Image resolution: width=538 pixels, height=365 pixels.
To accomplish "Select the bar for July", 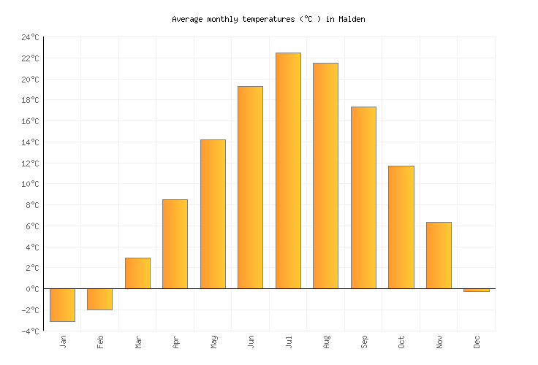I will point(288,171).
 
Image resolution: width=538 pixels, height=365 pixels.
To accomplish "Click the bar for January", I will point(62,305).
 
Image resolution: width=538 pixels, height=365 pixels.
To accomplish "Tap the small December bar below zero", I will point(476,291).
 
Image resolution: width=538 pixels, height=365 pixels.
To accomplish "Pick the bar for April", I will point(175,244).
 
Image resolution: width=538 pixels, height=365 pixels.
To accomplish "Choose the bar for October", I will point(401,227).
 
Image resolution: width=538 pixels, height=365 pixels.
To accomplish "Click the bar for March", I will point(137,273).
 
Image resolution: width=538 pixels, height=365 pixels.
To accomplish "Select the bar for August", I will point(325,176).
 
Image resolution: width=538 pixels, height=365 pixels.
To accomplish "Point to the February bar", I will point(99,299).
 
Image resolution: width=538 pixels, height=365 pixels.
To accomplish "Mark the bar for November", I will point(439,255).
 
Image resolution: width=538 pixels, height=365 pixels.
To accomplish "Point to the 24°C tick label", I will point(30,37).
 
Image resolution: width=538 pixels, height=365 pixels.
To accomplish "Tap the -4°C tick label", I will point(30,331).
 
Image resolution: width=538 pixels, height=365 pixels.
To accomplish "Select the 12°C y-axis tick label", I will point(30,164).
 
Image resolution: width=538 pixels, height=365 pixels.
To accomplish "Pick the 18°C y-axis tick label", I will point(30,100).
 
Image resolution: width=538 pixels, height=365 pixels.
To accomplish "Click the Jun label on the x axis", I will point(251,342).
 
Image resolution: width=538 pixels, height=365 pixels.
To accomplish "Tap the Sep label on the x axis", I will point(363,342).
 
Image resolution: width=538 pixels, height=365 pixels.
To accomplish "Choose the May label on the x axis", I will point(213,342).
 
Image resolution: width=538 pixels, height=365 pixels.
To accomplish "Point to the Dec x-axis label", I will point(477,342).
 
